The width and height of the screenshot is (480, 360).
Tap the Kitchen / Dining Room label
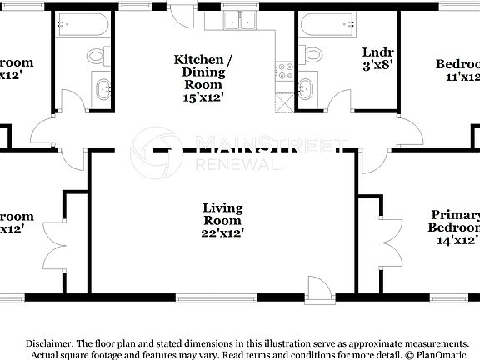coord(198,72)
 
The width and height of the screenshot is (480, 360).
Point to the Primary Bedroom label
coord(455,222)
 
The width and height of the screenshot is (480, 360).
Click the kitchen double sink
coord(240,20)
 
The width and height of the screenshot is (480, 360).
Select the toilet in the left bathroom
coord(96,56)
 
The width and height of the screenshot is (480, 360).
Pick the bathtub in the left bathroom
coord(80,25)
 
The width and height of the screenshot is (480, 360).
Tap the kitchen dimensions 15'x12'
coord(198,97)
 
